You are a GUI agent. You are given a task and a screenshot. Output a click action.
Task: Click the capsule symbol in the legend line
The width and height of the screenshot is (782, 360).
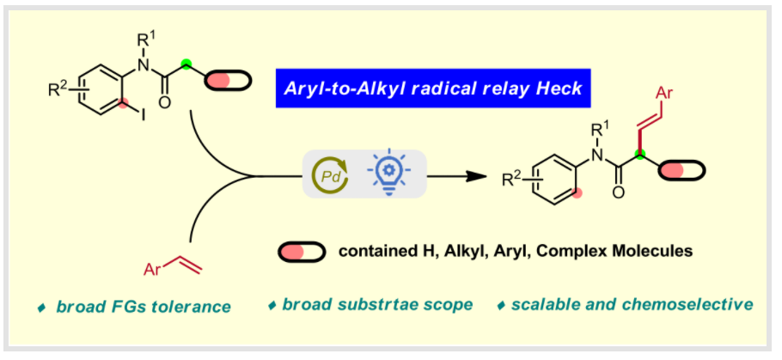tap(302, 251)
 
